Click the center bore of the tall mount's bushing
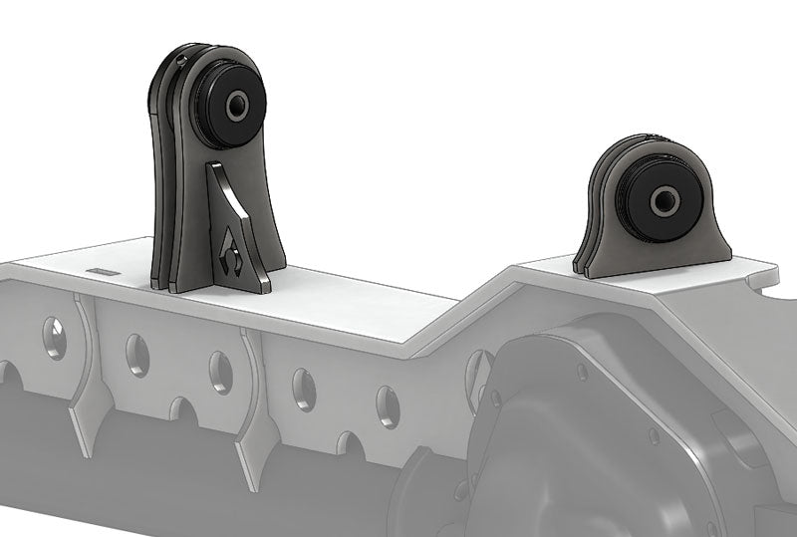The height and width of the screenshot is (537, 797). point(239,105)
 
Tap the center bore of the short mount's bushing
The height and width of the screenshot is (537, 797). point(663,200)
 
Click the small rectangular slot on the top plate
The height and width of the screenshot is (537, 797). point(101,270)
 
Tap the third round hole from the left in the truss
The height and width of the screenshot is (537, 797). point(220,371)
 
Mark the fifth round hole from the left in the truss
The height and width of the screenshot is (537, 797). point(388,404)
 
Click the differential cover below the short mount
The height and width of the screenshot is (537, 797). point(598,418)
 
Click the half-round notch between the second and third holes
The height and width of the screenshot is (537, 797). point(179,408)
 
